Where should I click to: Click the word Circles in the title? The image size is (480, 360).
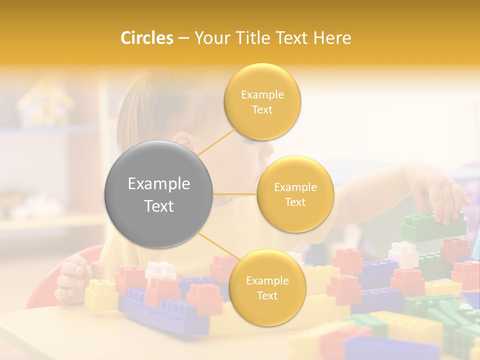[x=146, y=38]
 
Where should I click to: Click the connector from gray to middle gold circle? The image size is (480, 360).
[x=235, y=194]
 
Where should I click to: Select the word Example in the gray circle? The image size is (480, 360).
[x=159, y=184]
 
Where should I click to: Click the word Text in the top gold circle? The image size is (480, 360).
[x=262, y=110]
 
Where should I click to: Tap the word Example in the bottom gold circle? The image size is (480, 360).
[x=267, y=281]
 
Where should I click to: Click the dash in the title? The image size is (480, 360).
[x=183, y=38]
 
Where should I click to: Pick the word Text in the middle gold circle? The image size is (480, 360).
[x=295, y=202]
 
